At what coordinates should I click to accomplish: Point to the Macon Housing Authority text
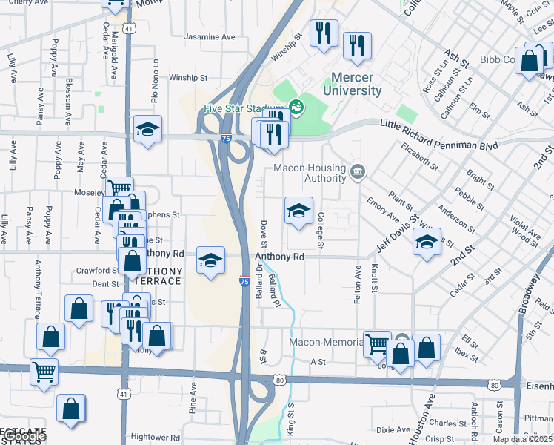pyautogui.click(x=310, y=173)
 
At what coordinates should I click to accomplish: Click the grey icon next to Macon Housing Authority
pyautogui.click(x=358, y=173)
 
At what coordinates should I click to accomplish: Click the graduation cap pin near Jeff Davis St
pyautogui.click(x=427, y=243)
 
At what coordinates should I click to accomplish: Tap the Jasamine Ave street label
pyautogui.click(x=210, y=36)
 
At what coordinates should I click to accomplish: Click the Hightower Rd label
pyautogui.click(x=156, y=438)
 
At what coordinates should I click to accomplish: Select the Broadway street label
pyautogui.click(x=529, y=293)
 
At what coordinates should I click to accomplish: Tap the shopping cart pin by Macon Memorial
pyautogui.click(x=378, y=344)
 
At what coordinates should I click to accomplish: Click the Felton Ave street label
pyautogui.click(x=358, y=283)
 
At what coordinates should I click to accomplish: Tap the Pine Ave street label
pyautogui.click(x=193, y=398)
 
